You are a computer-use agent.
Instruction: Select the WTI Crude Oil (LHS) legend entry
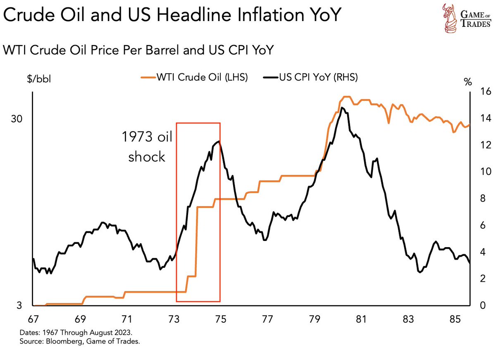pyautogui.click(x=194, y=77)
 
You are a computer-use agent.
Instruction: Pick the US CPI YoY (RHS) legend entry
pyautogui.click(x=310, y=77)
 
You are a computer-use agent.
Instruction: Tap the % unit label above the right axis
pyautogui.click(x=467, y=82)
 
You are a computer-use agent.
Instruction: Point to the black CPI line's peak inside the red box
pyautogui.click(x=218, y=141)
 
